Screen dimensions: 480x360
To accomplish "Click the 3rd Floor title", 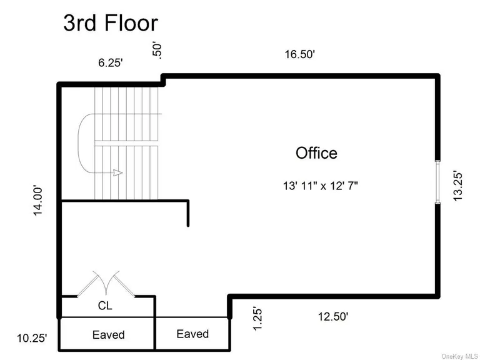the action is pos(111,23).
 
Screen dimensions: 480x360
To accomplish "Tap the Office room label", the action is pos(316,152).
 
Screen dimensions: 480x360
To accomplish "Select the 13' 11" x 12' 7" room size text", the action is pos(320,186).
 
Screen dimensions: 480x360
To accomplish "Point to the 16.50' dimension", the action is pos(300,54).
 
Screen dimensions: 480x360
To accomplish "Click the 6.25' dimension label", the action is pos(111,62).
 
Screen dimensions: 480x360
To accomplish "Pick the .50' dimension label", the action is pos(156,51).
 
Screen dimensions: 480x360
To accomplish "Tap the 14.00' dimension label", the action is pos(38,201).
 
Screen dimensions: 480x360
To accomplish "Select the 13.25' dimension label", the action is pos(457,186).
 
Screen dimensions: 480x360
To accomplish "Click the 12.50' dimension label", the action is pos(333,316).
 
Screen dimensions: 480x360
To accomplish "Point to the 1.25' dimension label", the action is pos(257,319).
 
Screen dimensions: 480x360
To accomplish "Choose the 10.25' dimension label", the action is pos(32,338).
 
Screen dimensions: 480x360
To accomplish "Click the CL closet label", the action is pos(105,306).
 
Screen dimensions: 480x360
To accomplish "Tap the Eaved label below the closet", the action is pos(108,334).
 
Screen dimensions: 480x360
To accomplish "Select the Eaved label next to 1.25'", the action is pos(192,334).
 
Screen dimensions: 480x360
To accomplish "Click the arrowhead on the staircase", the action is pos(118,172).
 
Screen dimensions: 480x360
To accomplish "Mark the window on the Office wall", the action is pos(438,181).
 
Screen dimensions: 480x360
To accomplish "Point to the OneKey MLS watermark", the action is pos(460,356).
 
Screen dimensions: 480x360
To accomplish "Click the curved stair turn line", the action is pos(78,144).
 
